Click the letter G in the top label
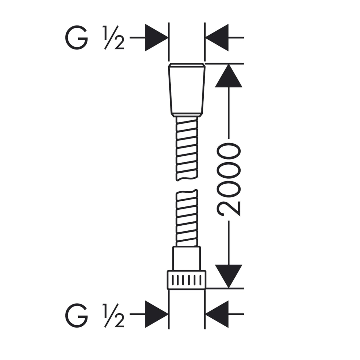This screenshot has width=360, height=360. tap(76, 37)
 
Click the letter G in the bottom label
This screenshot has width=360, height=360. tap(76, 316)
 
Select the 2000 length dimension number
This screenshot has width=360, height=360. tap(228, 180)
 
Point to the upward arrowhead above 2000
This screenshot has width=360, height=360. tap(229, 76)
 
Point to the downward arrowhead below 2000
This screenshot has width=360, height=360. tap(229, 276)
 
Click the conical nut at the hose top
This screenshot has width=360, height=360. tap(187, 90)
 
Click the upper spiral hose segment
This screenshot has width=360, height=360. tap(187, 149)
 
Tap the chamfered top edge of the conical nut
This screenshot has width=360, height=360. tap(187, 65)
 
